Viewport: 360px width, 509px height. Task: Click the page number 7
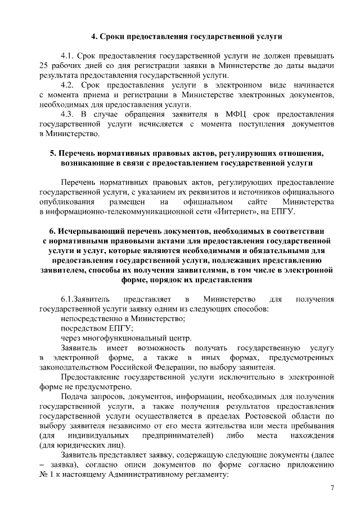click(332, 487)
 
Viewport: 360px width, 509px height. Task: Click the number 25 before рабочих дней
click(44, 66)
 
